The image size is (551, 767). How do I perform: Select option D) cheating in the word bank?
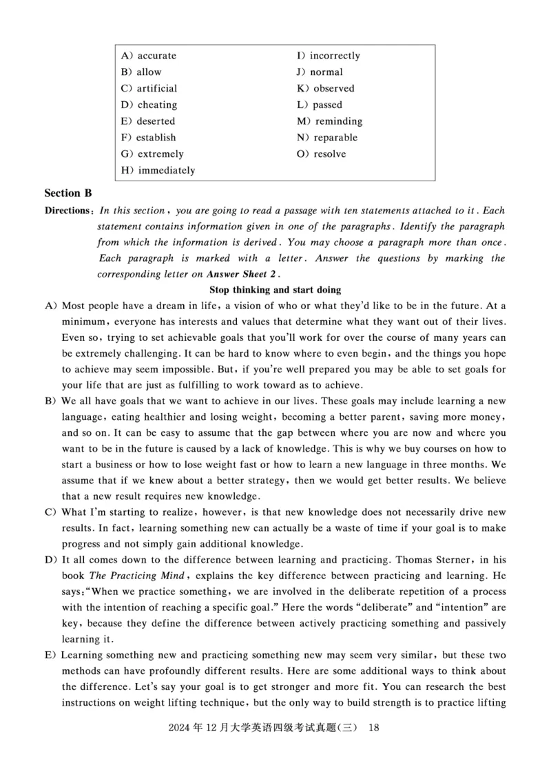pos(148,105)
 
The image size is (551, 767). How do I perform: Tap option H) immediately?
pos(157,170)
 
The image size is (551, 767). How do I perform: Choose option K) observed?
pos(326,88)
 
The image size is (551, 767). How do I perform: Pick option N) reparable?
pos(327,138)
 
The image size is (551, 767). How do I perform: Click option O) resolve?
pos(322,154)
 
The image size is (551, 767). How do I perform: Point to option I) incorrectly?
pos(329,56)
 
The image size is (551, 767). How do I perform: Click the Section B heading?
pos(68,193)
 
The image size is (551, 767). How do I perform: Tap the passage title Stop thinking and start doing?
pos(275,290)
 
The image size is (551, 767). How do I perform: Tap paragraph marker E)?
pos(50,654)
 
